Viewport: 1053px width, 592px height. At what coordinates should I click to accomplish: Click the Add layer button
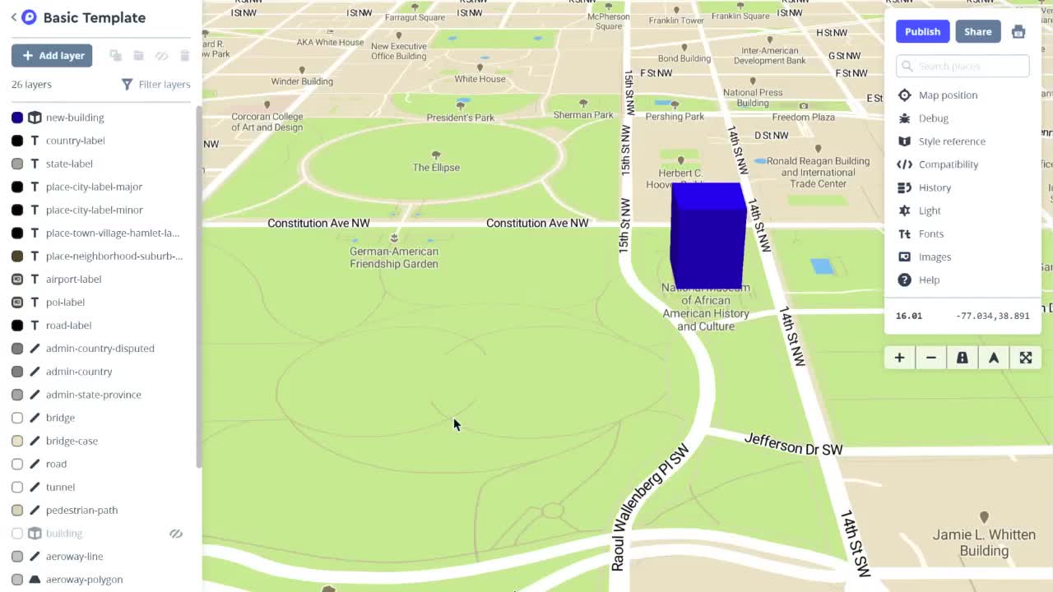point(52,55)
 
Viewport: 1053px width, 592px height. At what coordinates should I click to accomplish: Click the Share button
point(977,31)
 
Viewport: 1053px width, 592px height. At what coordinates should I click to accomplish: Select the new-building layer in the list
point(75,118)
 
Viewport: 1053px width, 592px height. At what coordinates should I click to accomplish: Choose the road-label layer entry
point(68,325)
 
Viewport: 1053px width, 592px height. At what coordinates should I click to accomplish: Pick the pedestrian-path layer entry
point(81,510)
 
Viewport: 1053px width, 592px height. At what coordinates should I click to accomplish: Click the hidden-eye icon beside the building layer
point(176,534)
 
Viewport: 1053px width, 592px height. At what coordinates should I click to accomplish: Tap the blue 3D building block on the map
point(707,236)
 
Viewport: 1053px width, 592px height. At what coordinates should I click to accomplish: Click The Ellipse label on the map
point(436,167)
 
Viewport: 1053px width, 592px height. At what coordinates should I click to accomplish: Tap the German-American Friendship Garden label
point(394,257)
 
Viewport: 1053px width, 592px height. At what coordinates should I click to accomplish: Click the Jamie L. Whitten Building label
point(984,543)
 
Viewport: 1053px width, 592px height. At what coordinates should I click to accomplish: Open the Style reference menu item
point(951,141)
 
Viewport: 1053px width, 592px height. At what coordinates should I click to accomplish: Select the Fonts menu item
point(930,234)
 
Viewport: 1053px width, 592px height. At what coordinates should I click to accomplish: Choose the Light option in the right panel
point(929,210)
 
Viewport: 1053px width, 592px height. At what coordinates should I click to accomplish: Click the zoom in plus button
point(899,358)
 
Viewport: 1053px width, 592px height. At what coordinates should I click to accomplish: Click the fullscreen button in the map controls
point(1025,358)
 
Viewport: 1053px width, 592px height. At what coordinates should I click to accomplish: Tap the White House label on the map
point(480,79)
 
